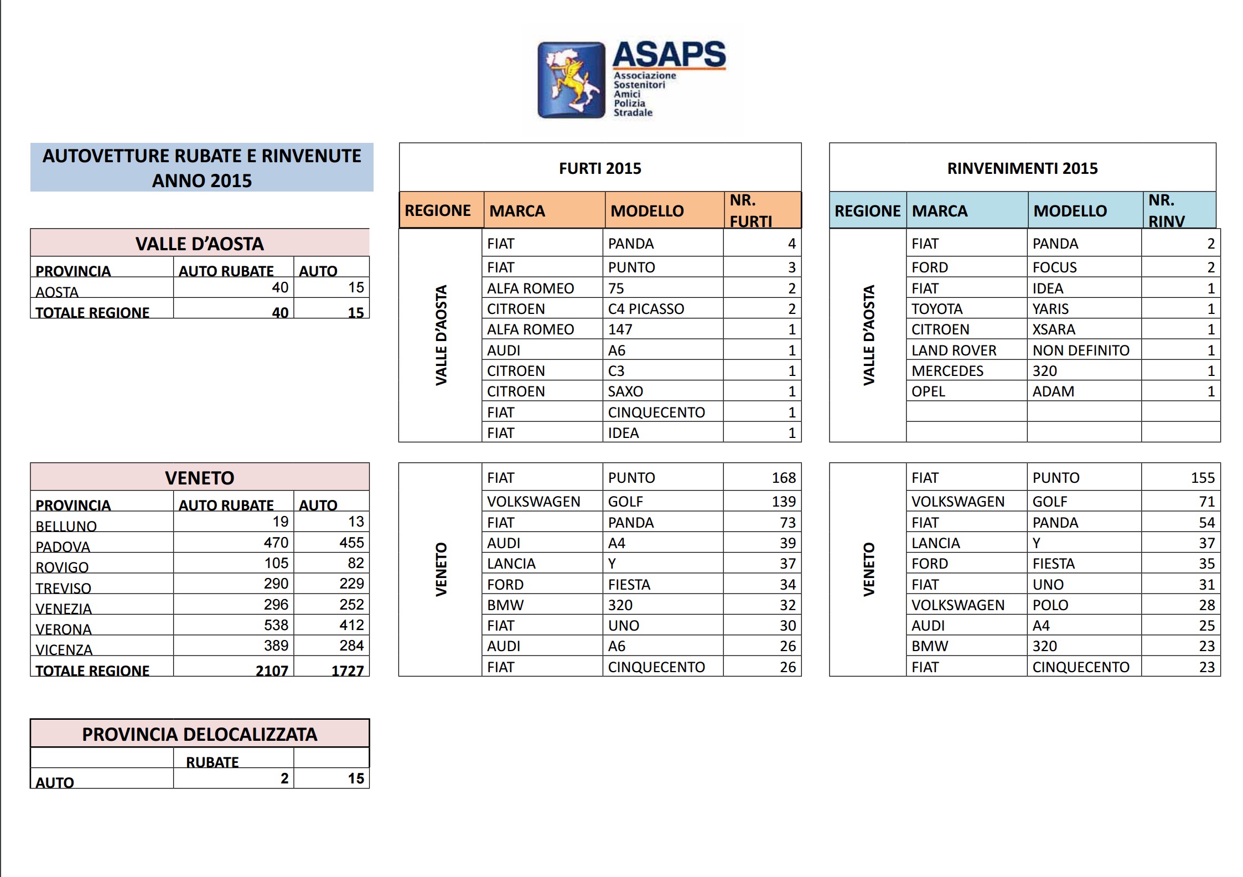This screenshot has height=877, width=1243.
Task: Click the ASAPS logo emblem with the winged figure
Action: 571,80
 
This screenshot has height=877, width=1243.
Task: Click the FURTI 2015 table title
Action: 600,168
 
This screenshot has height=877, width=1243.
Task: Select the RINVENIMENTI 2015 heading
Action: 1022,168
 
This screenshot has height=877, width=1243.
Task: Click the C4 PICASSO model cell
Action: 646,309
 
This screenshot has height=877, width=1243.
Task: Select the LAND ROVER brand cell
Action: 954,350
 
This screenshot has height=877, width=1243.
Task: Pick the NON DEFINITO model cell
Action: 1081,350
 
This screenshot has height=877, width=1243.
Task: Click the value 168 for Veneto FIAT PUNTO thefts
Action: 784,478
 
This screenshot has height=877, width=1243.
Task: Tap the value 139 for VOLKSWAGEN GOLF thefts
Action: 784,502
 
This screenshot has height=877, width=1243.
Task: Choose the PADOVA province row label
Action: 63,546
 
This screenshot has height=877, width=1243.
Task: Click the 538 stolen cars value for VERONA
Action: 276,625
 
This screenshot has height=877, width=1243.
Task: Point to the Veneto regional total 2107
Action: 272,670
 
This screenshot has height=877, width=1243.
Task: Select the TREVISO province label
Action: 64,588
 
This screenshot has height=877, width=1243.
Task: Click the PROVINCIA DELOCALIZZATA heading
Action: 200,734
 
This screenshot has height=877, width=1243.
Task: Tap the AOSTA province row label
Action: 57,292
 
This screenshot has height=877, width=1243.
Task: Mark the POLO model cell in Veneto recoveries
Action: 1050,605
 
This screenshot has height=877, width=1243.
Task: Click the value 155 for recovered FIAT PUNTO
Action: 1202,478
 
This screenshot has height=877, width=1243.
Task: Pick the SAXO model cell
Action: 625,391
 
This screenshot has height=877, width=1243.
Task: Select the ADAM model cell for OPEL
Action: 1053,391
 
